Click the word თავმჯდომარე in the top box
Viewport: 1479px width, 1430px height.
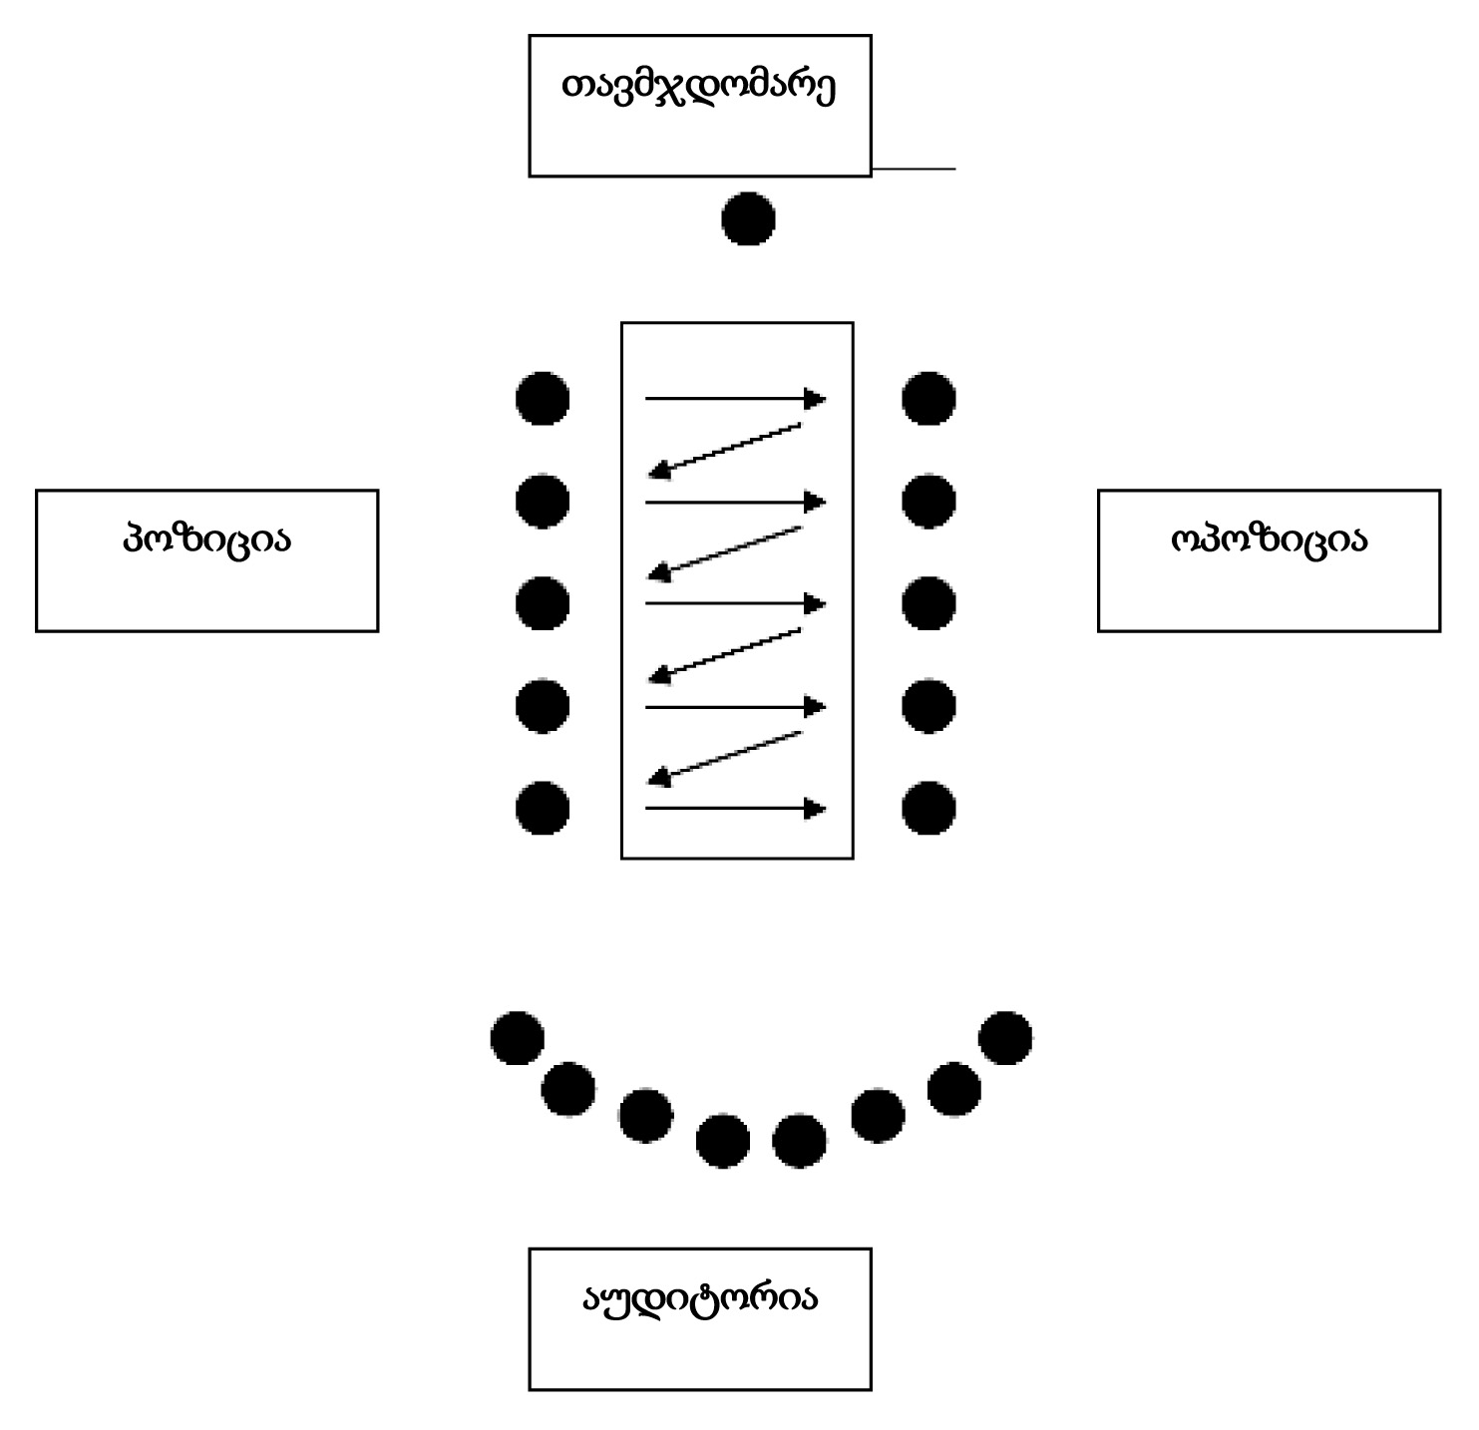click(x=698, y=88)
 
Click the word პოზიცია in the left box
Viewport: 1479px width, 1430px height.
click(x=206, y=540)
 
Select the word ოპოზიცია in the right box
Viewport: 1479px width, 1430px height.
click(x=1268, y=540)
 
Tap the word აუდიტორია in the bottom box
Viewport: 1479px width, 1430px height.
click(x=699, y=1298)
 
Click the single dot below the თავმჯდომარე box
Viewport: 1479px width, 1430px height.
click(x=748, y=218)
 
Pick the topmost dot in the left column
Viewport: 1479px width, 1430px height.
click(x=543, y=399)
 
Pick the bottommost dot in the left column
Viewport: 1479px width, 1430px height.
click(x=543, y=808)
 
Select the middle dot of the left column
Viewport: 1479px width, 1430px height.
click(x=543, y=604)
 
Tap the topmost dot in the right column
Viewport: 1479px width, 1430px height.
click(x=928, y=399)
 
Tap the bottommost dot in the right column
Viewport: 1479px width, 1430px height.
click(x=928, y=808)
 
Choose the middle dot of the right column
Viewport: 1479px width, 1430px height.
click(x=928, y=604)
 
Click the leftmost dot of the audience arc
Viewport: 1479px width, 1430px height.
click(x=518, y=1038)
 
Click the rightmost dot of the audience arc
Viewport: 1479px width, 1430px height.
click(x=1005, y=1038)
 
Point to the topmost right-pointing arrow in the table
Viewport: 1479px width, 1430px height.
click(x=735, y=399)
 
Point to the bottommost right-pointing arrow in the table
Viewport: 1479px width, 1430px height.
click(x=735, y=808)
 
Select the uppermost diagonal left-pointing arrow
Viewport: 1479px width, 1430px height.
click(x=725, y=448)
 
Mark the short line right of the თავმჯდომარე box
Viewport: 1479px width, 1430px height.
click(x=914, y=170)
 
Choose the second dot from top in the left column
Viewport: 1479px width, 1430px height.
click(x=543, y=501)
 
